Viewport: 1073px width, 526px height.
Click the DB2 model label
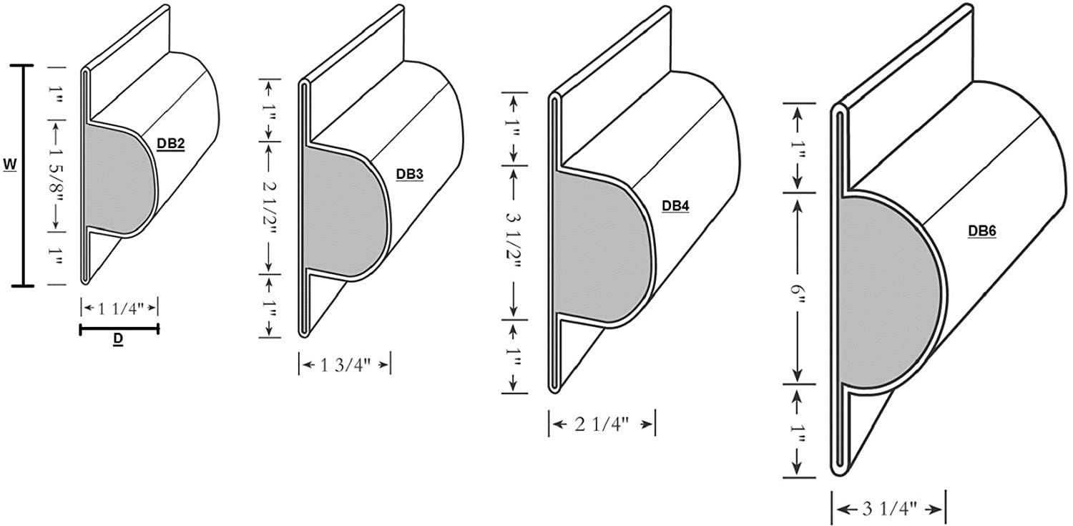171,144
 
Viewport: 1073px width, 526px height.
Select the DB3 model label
410,175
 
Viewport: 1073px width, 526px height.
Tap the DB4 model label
675,206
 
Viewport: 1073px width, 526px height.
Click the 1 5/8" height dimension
57,175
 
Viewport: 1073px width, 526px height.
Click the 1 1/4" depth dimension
119,308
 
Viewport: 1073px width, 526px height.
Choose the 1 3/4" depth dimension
345,365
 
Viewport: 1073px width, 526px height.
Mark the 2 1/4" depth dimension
602,424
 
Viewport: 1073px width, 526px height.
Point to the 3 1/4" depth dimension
888,510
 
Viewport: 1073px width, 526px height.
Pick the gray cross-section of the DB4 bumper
601,250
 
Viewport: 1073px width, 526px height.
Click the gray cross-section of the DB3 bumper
343,211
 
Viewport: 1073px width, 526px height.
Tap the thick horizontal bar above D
119,329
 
